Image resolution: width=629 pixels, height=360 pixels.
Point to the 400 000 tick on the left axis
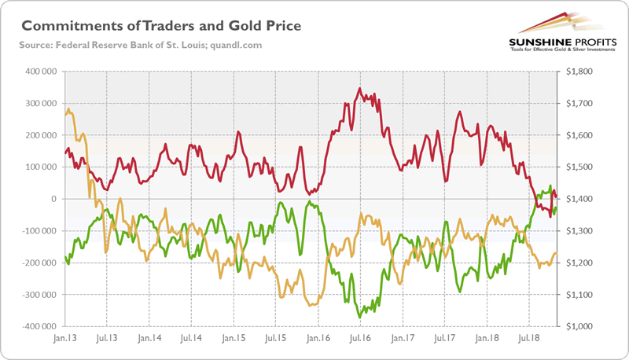39,72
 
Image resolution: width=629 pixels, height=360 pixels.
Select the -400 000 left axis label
38,326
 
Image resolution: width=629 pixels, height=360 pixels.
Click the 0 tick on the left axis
54,199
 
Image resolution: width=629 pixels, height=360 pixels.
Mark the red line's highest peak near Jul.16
359,88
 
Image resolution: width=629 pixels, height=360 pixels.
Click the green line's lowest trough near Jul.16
360,317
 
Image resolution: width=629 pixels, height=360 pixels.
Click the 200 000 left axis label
39,135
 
